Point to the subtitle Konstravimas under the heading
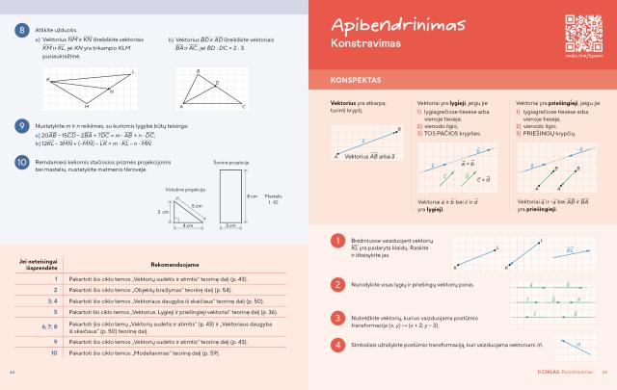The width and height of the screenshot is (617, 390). point(365,45)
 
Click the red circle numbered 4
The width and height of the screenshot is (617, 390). point(337,344)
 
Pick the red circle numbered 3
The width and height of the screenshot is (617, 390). point(337,317)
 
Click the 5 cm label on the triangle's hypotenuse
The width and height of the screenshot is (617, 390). point(197,206)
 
